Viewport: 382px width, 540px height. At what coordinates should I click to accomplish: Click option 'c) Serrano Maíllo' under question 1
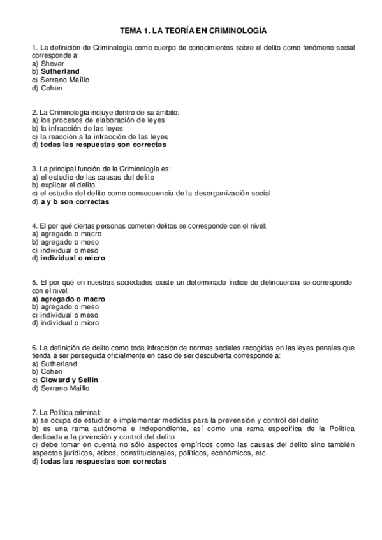coord(60,80)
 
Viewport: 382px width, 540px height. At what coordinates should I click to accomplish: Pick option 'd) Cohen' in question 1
coord(47,88)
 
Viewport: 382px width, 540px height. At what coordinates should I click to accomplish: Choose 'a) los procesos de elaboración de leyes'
coord(89,120)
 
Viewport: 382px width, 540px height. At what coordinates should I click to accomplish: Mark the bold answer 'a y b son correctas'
coord(75,202)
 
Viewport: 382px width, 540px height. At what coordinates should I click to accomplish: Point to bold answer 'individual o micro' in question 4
coord(72,259)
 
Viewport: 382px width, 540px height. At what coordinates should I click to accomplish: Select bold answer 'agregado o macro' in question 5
coord(72,299)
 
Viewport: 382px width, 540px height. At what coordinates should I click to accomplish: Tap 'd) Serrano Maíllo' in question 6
coord(60,388)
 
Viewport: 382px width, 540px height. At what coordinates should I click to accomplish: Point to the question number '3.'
coord(34,169)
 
